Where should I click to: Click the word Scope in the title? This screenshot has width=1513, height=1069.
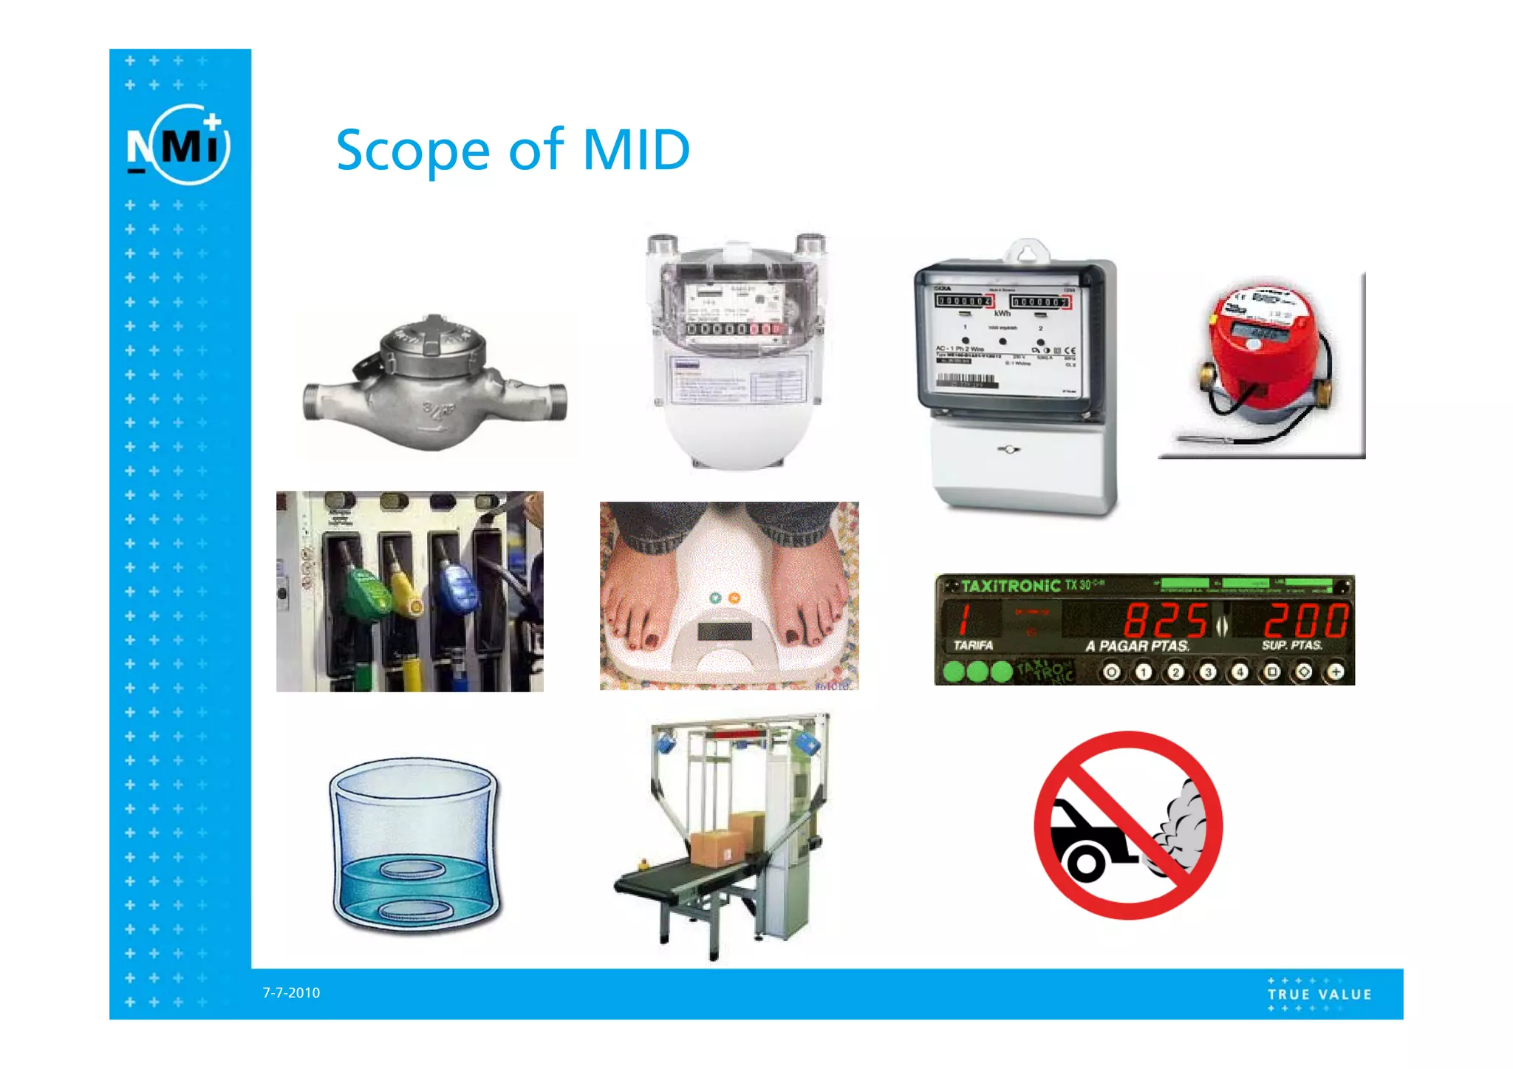pos(412,151)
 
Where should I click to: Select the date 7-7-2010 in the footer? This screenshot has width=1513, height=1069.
pos(291,993)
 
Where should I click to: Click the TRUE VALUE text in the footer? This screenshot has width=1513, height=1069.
pos(1319,994)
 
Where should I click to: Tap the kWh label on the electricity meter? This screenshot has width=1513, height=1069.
pos(1002,314)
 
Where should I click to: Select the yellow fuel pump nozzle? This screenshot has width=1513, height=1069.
pos(407,591)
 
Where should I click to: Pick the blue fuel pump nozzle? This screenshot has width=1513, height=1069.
pos(458,587)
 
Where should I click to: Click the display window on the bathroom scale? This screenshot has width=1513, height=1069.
pos(724,632)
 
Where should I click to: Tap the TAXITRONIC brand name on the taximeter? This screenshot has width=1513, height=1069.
pos(1011,586)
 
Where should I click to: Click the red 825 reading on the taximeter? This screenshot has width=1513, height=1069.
pos(1165,620)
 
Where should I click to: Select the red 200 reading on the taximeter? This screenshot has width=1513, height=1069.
pos(1305,620)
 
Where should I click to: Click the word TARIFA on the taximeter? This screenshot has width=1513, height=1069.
pos(973,645)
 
